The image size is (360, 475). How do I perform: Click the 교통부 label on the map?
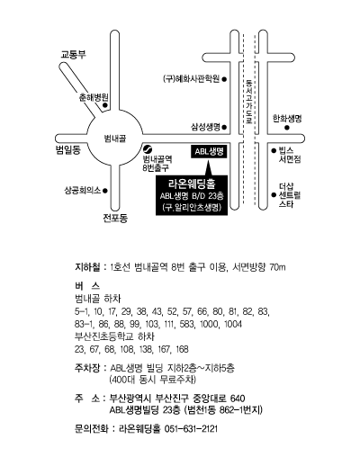(x=73, y=55)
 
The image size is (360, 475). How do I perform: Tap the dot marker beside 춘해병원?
(x=105, y=105)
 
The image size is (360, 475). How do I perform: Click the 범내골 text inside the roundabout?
(x=114, y=139)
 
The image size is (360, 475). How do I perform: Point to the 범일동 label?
(x=68, y=149)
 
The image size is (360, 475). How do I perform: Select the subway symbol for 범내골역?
(x=148, y=149)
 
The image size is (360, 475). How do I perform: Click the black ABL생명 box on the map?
(x=209, y=151)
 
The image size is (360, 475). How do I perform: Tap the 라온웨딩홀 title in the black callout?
(x=192, y=184)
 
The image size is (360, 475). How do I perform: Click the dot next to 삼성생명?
(x=224, y=127)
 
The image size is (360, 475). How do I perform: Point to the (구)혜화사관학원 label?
(x=191, y=79)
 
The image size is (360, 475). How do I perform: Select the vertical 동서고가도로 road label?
(x=249, y=102)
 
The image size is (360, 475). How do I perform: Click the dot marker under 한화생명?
(x=287, y=128)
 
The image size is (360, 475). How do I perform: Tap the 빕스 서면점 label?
(x=290, y=155)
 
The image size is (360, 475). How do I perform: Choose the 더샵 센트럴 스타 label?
(x=290, y=195)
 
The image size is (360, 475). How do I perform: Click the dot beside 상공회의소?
(x=105, y=191)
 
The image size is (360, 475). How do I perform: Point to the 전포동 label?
(x=115, y=218)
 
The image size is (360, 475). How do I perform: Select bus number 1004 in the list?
(x=233, y=324)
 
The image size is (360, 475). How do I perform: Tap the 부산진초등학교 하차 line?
(x=114, y=336)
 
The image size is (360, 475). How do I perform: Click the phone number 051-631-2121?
(x=191, y=429)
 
